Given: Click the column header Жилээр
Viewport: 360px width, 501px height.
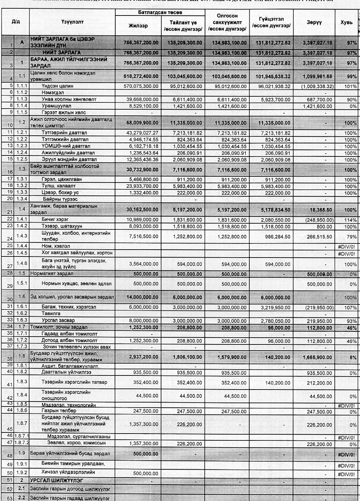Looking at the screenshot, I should tap(138, 26).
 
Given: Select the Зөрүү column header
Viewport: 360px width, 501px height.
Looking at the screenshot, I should tap(314, 22).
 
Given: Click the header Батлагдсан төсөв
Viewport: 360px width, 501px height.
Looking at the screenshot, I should tap(160, 13).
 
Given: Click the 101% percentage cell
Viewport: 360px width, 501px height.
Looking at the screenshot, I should tap(351, 86).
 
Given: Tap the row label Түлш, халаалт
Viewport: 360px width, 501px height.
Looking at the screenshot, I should tap(58, 186).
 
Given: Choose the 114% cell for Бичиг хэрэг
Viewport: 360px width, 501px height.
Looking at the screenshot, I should tap(351, 219).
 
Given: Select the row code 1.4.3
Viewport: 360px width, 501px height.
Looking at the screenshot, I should tap(21, 236).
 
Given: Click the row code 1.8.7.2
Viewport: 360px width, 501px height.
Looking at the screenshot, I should tap(22, 443).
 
